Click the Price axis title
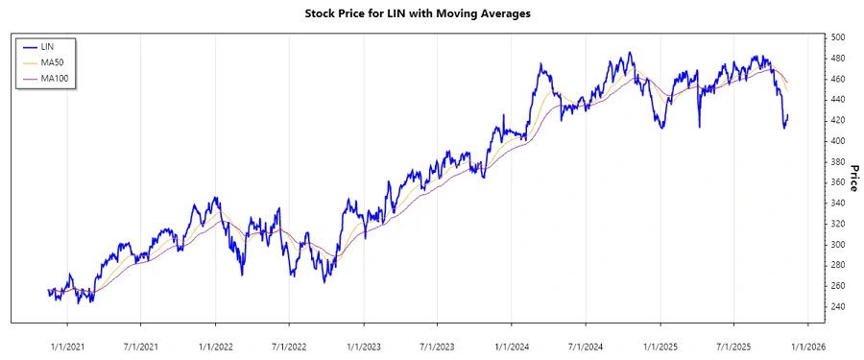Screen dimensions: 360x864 pyautogui.click(x=852, y=180)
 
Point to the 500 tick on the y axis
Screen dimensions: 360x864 pyautogui.click(x=837, y=37)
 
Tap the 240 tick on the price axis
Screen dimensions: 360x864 pyautogui.click(x=837, y=307)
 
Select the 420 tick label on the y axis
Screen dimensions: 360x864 pyautogui.click(x=837, y=120)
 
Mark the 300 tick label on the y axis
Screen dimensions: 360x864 pyautogui.click(x=837, y=245)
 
